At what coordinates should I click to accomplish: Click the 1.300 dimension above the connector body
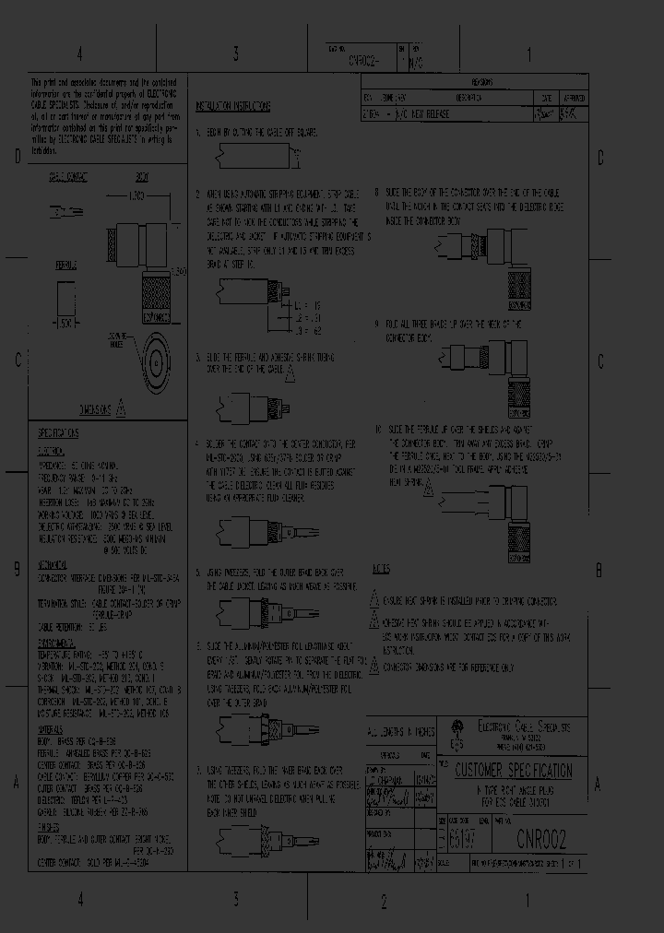pyautogui.click(x=137, y=197)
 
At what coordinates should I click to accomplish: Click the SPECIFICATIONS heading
pyautogui.click(x=58, y=432)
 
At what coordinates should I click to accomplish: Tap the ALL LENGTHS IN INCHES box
pyautogui.click(x=400, y=731)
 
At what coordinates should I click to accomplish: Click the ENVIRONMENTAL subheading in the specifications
pyautogui.click(x=56, y=641)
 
